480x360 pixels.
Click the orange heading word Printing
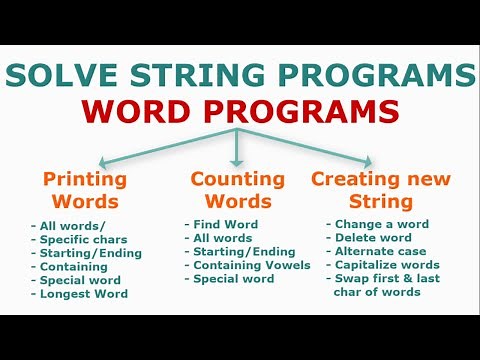85,180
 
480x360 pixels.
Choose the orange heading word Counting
237,180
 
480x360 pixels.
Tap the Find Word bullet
225,225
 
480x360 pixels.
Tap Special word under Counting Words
233,279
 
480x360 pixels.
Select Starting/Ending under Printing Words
90,253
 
